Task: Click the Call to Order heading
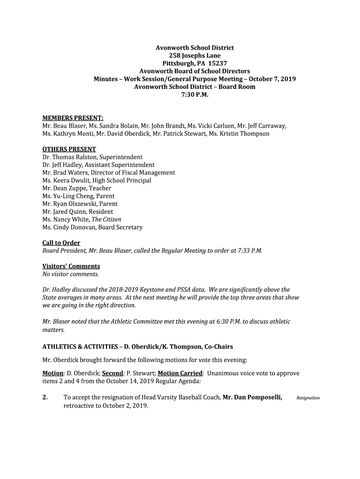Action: coord(61,243)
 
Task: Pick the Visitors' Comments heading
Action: coord(71,266)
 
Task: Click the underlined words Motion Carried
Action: coord(180,373)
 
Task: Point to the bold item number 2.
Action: coord(45,398)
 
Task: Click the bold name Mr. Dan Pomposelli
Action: coord(252,398)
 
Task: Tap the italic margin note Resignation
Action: coord(308,398)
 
